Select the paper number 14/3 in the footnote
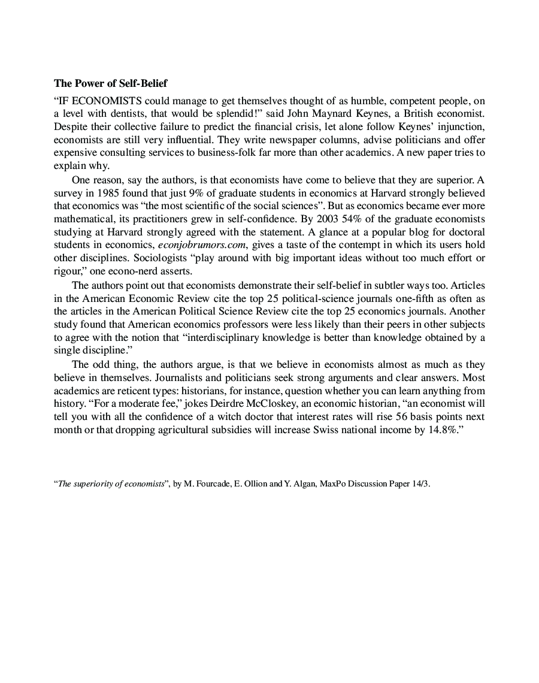coord(420,484)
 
